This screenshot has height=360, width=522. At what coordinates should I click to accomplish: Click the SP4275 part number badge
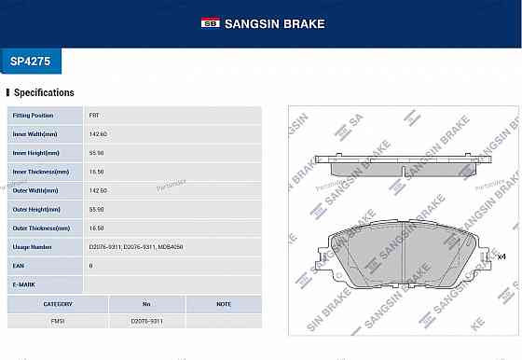(32, 61)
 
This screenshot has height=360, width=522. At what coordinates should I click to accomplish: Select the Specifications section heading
(44, 93)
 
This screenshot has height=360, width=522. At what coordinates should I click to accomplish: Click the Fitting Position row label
(33, 116)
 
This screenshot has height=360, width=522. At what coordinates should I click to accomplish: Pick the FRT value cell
(94, 116)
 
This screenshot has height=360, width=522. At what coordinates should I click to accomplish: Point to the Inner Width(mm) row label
(35, 134)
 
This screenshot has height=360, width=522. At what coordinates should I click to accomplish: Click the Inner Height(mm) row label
(36, 153)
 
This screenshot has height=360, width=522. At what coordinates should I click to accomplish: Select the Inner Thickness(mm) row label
(40, 172)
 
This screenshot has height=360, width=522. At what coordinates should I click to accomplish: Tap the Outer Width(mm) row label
(35, 190)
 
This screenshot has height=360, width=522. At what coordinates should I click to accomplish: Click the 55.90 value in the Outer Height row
(97, 209)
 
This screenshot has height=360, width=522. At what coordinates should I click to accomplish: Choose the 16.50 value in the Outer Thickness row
(97, 228)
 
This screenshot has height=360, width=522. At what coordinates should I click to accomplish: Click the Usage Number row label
(33, 247)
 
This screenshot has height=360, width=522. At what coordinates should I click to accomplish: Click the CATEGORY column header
(58, 304)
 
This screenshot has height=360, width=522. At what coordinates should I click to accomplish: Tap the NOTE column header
(224, 304)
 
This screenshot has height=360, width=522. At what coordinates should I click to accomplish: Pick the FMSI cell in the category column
(58, 321)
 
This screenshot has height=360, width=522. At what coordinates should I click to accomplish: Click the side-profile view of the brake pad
(402, 165)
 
